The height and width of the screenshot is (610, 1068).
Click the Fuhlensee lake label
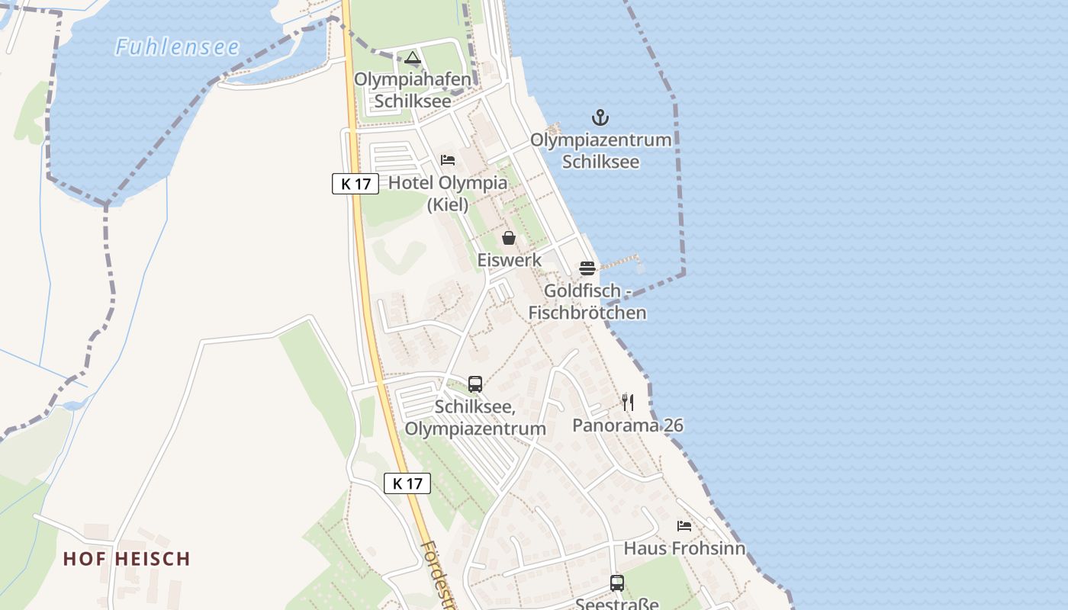pyautogui.click(x=178, y=47)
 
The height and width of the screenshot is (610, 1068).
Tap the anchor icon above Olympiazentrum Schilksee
pyautogui.click(x=601, y=117)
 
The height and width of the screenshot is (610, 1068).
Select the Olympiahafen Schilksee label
pyautogui.click(x=413, y=90)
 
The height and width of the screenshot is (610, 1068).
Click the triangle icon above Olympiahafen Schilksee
pyautogui.click(x=413, y=57)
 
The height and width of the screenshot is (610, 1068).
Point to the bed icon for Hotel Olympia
pyautogui.click(x=448, y=160)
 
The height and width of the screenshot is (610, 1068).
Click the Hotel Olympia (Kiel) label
pyautogui.click(x=448, y=193)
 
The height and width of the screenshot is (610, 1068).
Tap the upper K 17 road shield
pyautogui.click(x=355, y=184)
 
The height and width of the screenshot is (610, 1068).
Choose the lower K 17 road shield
pyautogui.click(x=407, y=483)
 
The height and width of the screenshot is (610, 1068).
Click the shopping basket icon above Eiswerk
pyautogui.click(x=509, y=238)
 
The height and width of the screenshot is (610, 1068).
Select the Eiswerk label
pyautogui.click(x=510, y=260)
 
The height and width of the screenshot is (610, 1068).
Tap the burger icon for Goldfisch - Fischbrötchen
pyautogui.click(x=587, y=268)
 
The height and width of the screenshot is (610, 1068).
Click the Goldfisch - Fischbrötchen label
pyautogui.click(x=587, y=302)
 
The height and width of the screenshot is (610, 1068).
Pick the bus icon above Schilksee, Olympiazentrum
pyautogui.click(x=475, y=384)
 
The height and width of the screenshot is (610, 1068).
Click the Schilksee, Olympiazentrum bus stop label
pyautogui.click(x=475, y=418)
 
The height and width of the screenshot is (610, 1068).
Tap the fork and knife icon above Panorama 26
pyautogui.click(x=628, y=402)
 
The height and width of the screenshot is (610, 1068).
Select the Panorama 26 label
pyautogui.click(x=628, y=425)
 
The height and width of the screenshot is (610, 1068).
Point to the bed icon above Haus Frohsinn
pyautogui.click(x=684, y=526)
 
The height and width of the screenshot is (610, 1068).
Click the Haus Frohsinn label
pyautogui.click(x=684, y=548)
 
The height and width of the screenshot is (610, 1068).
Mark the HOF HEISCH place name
pyautogui.click(x=127, y=559)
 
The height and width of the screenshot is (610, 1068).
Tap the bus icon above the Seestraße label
pyautogui.click(x=617, y=583)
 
